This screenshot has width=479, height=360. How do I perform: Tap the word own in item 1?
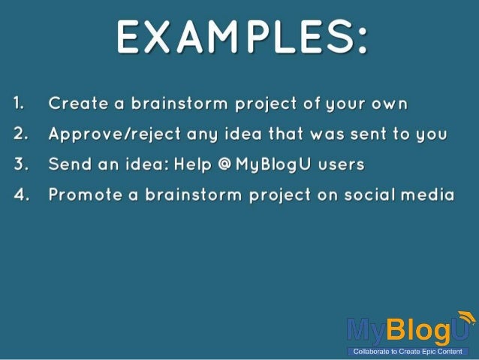point(390,103)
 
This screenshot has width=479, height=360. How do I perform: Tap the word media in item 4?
point(428,195)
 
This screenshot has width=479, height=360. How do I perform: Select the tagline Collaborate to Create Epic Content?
point(408,351)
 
